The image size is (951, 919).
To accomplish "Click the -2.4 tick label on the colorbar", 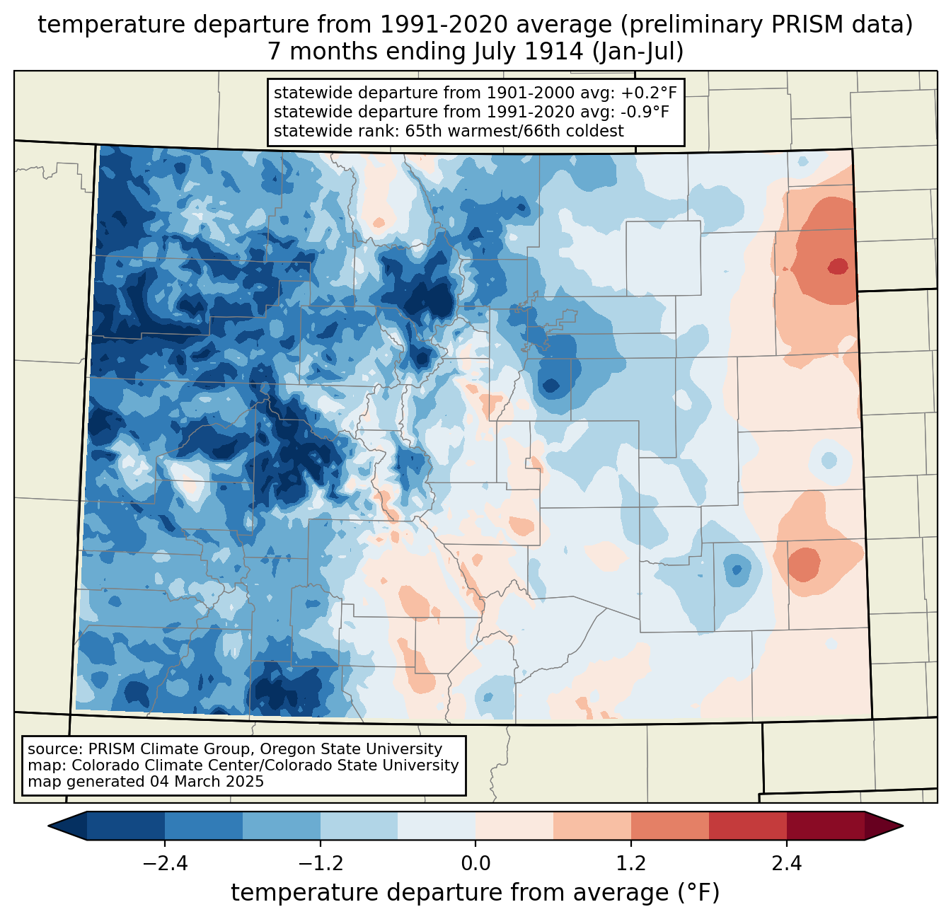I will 165,864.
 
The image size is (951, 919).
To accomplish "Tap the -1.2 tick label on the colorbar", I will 320,864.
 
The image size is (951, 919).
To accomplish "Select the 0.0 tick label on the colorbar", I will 475,864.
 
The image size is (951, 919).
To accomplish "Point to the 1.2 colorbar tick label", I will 631,864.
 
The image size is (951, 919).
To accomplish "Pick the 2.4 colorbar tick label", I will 786,864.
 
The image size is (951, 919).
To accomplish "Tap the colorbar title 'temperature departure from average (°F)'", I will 475,893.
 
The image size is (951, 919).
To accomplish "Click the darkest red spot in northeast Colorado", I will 838,267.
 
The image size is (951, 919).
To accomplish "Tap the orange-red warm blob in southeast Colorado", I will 804,564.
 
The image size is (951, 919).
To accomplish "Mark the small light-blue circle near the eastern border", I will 827,460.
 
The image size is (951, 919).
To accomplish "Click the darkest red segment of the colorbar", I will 825,826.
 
